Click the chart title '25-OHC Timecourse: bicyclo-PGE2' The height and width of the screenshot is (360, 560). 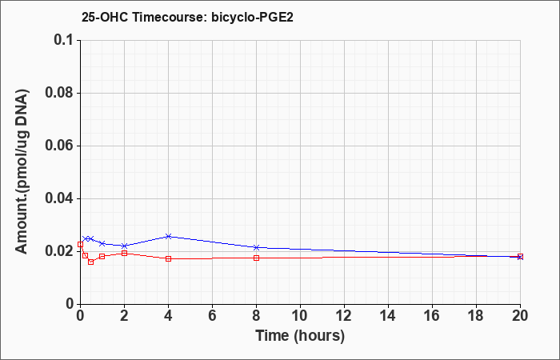187,17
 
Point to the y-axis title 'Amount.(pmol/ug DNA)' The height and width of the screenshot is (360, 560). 22,172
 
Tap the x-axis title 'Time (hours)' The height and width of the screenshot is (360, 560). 300,336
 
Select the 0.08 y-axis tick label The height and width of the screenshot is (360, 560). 58,93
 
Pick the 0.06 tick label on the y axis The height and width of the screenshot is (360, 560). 58,146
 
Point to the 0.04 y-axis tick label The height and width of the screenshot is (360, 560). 58,198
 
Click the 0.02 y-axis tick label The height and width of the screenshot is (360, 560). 58,251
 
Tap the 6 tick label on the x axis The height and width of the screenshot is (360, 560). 212,316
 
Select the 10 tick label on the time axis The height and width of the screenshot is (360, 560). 300,316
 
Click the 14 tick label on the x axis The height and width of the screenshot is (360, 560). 388,316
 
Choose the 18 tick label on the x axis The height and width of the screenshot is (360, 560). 477,316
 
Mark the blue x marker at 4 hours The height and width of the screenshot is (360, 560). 169,237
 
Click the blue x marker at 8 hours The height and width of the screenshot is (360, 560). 257,247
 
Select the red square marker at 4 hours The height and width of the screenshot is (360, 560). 169,258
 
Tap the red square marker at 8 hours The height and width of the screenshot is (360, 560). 257,258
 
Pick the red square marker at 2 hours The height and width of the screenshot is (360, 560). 124,254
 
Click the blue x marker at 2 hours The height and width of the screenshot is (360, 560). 124,246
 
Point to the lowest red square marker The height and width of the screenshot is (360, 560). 91,262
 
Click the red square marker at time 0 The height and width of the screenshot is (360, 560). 80,244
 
